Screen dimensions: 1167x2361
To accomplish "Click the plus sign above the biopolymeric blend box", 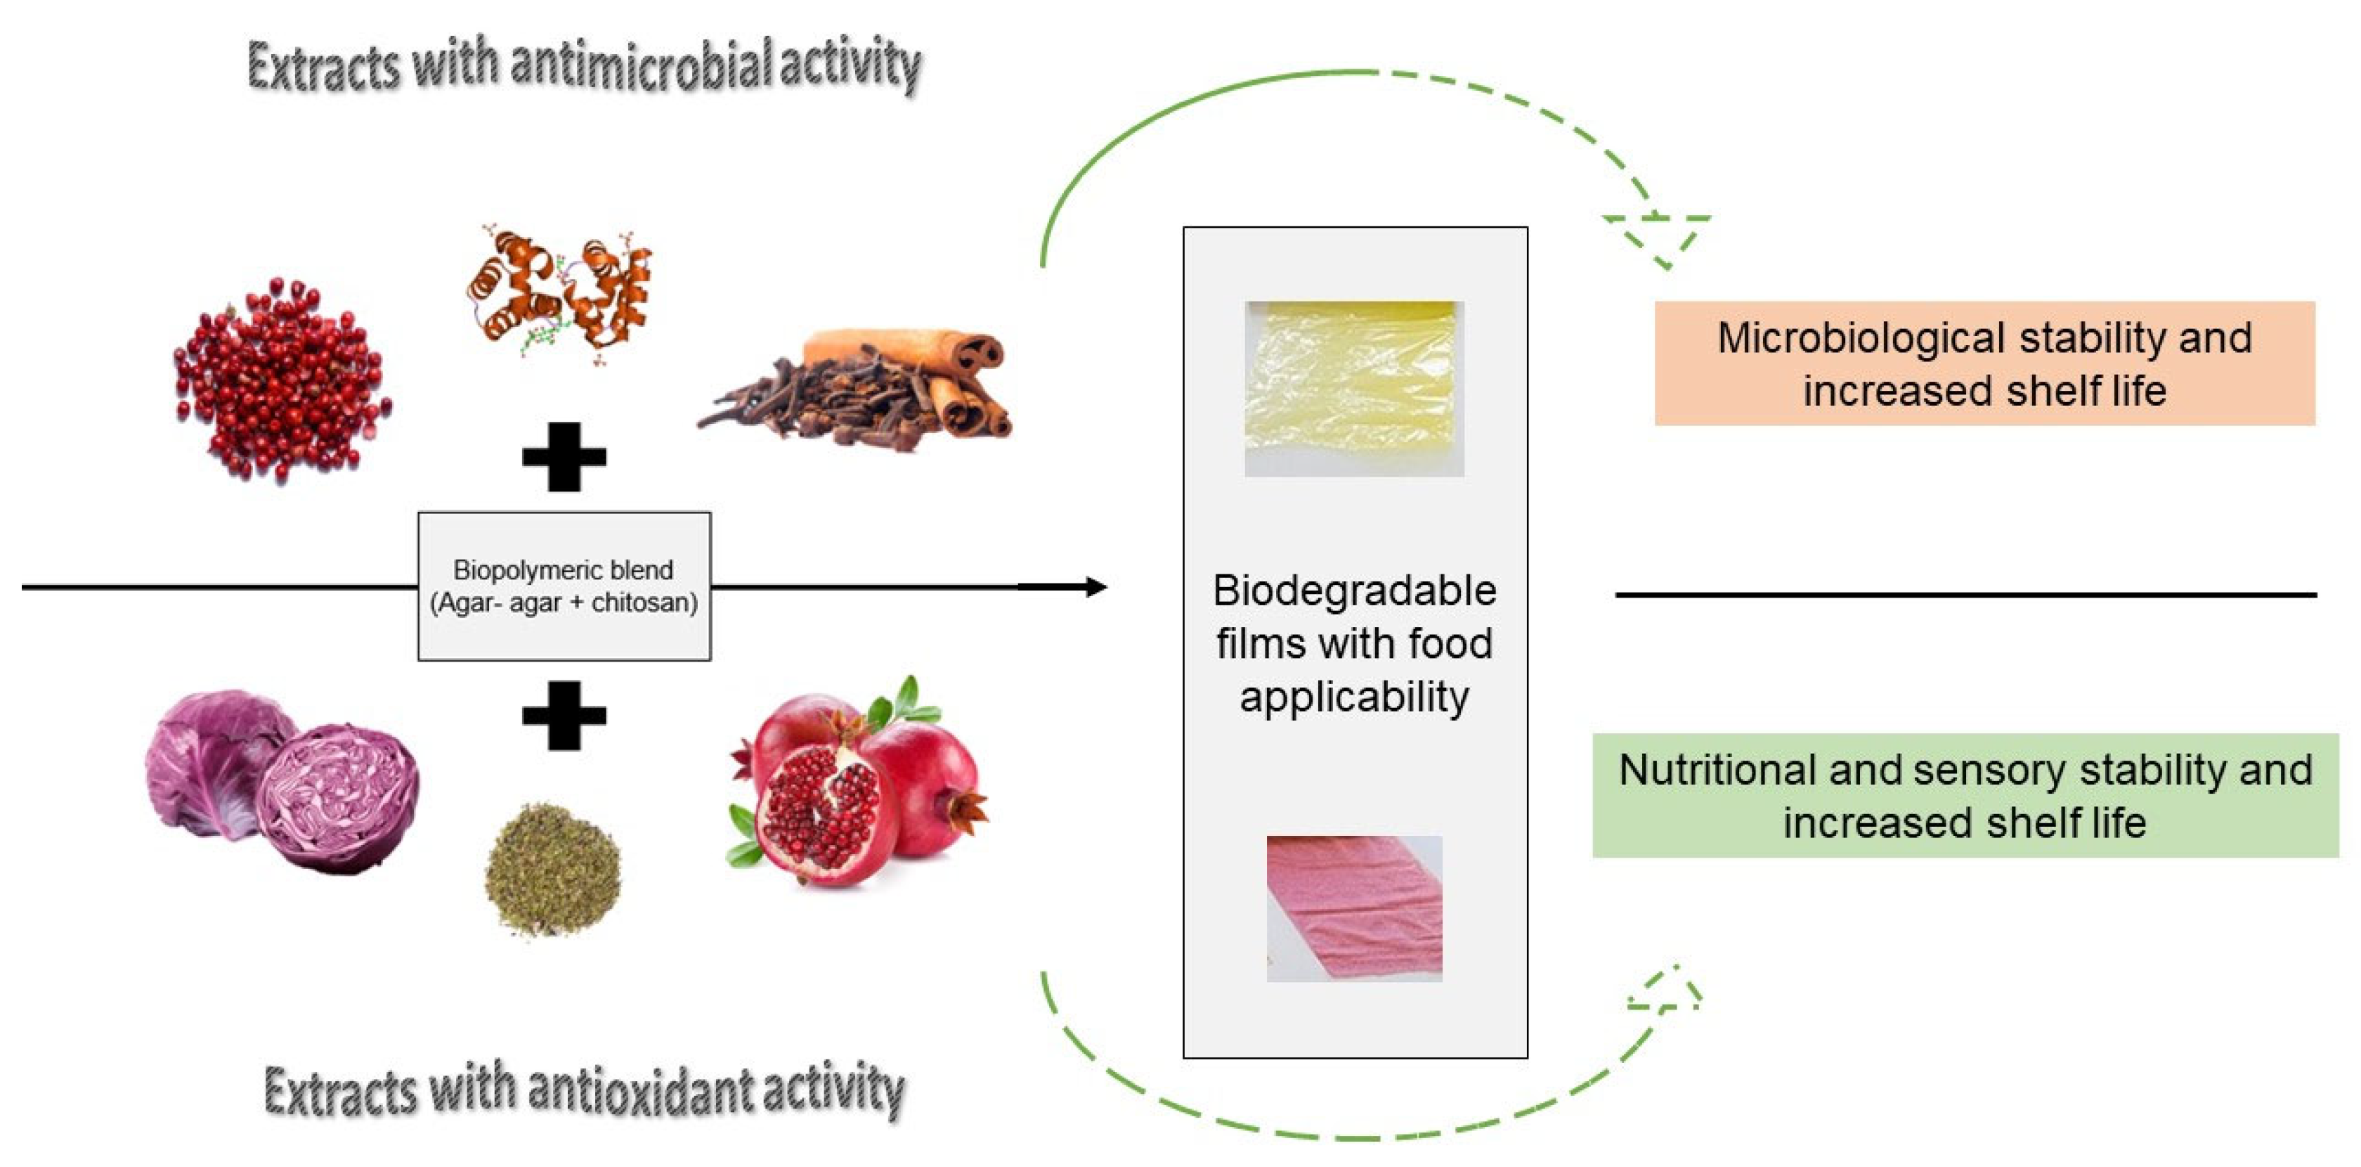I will [x=564, y=456].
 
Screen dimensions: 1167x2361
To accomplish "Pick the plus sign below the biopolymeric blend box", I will [x=564, y=715].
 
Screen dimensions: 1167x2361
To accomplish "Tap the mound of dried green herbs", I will [x=553, y=866].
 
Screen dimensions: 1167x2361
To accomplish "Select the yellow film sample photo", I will [x=1354, y=388].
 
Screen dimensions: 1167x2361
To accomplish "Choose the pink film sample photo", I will [x=1354, y=908].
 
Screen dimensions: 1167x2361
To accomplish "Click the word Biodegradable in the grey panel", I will [x=1354, y=591].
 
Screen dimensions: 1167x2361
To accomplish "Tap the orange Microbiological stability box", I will [x=1984, y=363].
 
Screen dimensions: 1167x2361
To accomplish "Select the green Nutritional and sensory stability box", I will [x=1965, y=795].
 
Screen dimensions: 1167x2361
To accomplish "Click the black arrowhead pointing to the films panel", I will [x=1095, y=587].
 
